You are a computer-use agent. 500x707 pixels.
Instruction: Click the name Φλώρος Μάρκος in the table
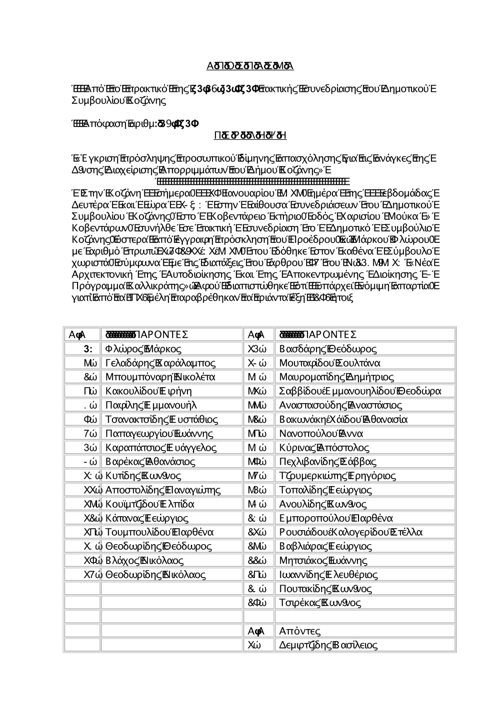[143, 349]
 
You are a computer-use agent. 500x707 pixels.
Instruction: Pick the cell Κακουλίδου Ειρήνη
[148, 391]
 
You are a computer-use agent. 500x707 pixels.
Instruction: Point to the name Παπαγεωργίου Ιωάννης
[159, 433]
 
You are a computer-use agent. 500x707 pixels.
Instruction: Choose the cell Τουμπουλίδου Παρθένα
[159, 532]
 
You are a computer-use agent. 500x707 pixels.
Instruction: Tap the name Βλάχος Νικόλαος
[144, 560]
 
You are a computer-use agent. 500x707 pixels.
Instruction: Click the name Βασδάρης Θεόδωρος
[328, 349]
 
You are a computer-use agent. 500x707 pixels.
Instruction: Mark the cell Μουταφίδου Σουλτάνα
[329, 363]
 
